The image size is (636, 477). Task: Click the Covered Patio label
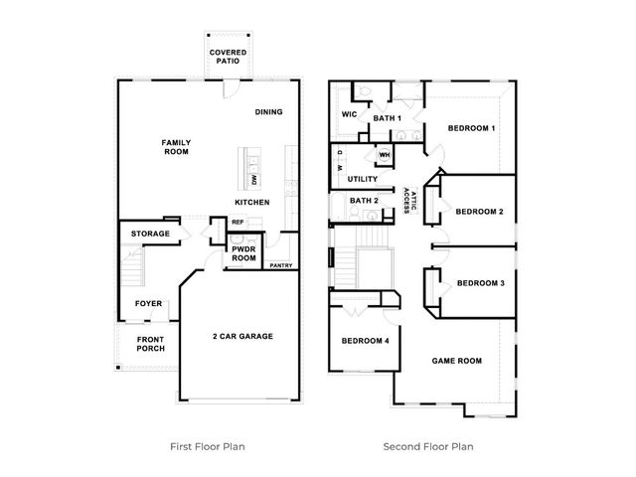coord(228,57)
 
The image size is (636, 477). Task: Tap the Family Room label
coord(176,147)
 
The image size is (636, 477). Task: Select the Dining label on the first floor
coord(269,112)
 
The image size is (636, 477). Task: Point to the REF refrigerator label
coord(238,222)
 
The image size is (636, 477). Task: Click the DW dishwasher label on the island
coord(254,180)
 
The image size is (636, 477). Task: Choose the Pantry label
coord(281,265)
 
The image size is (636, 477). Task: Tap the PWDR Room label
coord(243,253)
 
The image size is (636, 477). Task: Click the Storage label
coord(150,234)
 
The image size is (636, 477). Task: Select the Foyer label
coord(148,303)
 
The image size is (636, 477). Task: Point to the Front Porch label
coord(150,344)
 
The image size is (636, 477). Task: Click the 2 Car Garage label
coord(242,336)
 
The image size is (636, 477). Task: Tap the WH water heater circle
coord(385,155)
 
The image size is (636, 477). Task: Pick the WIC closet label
coord(349,114)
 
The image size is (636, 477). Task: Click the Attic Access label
coord(410,201)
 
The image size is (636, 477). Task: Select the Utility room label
coord(363,179)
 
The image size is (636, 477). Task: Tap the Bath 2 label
coord(364,201)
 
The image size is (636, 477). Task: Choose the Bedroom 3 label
coord(481,283)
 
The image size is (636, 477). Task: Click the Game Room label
coord(457,361)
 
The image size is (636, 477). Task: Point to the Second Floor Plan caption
coord(428,446)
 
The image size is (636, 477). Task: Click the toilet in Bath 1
coord(365,91)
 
